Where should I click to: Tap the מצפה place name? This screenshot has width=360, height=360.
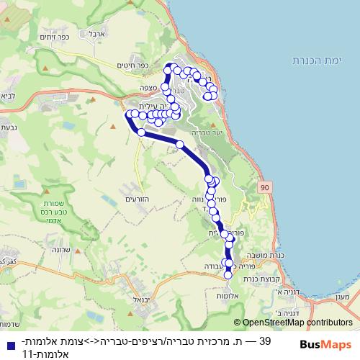tap(148, 86)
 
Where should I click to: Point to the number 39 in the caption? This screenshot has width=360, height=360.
tap(264, 340)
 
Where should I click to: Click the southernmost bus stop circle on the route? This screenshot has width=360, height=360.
tap(228, 274)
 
